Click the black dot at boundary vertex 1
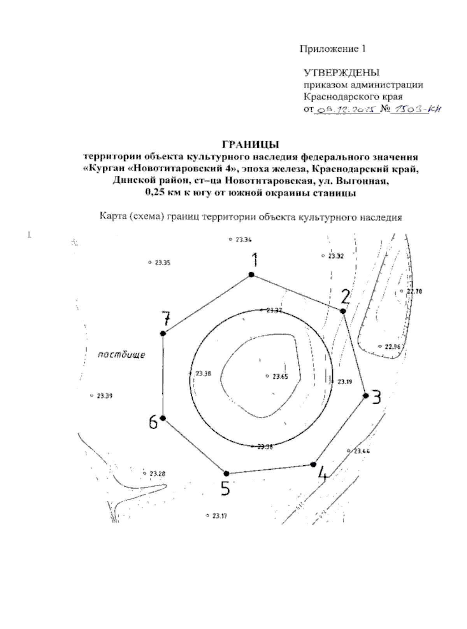point(251,275)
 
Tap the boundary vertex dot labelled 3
point(365,395)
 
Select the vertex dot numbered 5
point(226,473)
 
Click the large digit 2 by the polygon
point(345,297)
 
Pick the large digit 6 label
point(153,422)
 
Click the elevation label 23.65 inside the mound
point(280,376)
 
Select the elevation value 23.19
point(344,382)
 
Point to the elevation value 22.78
point(414,291)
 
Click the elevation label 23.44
point(362,451)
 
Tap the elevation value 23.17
point(219,516)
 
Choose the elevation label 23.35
point(162,263)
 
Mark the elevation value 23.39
point(104,396)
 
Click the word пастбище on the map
point(121,355)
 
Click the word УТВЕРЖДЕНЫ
point(341,73)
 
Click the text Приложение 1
point(333,49)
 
